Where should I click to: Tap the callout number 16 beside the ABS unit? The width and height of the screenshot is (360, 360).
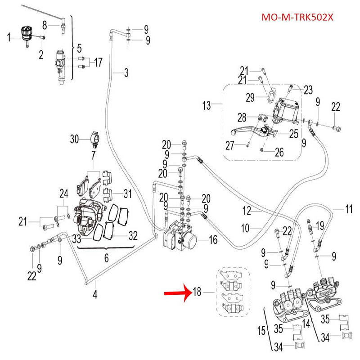point(212,240)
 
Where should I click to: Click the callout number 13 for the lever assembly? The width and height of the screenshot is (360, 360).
point(207,106)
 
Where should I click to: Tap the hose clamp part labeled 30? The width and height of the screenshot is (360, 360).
point(95,139)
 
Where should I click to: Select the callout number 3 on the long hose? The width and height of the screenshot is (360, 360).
point(126,72)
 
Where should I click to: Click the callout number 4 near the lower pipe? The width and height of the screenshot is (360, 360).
point(94,295)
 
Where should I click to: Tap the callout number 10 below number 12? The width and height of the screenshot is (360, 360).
point(245,228)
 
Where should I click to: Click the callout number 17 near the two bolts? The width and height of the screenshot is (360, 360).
point(98,63)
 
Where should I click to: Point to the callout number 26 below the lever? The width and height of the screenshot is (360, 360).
point(279,152)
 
